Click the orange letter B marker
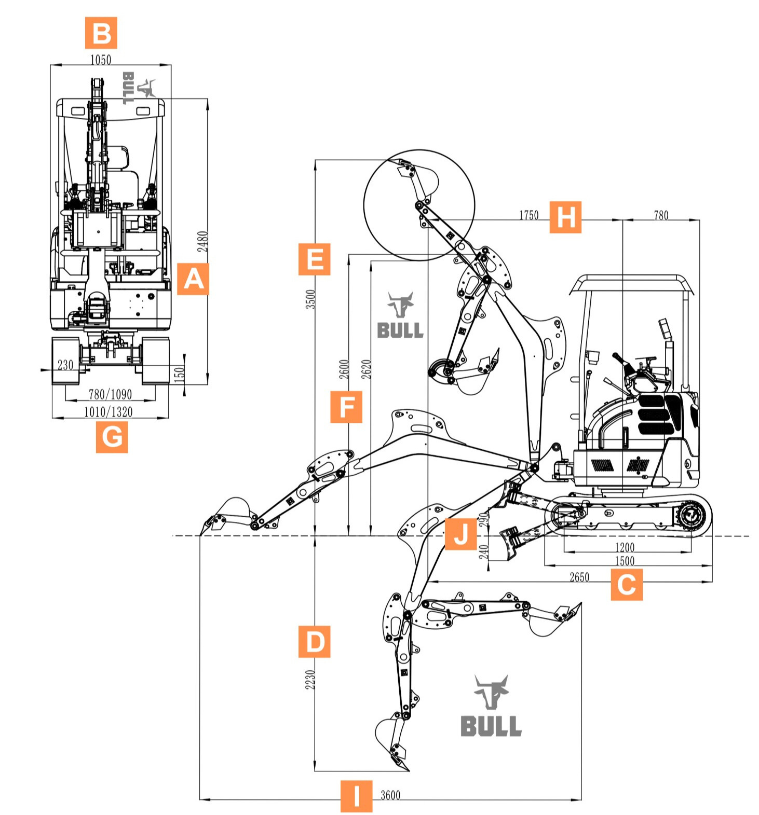101,33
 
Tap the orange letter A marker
193,279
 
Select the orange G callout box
112,437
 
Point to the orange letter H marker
565,217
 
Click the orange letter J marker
460,533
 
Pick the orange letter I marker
356,796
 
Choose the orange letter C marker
626,585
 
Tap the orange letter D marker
315,642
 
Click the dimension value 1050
101,60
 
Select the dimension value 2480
203,242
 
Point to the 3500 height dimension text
310,299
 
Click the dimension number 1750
529,215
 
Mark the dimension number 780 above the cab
661,215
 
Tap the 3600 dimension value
390,795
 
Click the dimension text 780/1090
111,394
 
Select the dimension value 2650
579,577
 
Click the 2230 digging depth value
310,680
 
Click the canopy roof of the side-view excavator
632,283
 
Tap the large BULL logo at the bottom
491,707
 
